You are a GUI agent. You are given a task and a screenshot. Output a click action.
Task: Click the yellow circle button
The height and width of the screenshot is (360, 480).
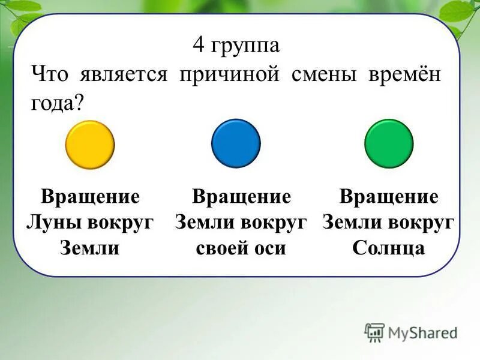[x=90, y=145]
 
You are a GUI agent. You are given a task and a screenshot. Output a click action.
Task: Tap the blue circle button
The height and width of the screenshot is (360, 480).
[x=236, y=143]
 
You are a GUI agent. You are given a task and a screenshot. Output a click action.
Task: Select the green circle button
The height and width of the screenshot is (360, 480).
[x=389, y=143]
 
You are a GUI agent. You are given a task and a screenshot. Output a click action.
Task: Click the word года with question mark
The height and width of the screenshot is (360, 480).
[x=58, y=103]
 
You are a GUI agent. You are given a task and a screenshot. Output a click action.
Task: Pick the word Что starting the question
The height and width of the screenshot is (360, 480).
[x=49, y=76]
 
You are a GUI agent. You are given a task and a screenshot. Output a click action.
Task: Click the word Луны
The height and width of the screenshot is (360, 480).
[x=54, y=223]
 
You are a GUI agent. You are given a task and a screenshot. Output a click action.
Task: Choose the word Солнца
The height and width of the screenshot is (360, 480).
[x=389, y=248]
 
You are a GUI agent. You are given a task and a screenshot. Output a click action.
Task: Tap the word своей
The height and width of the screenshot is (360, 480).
[x=221, y=248]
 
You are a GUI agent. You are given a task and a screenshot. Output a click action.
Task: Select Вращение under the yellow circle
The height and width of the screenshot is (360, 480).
[x=90, y=197]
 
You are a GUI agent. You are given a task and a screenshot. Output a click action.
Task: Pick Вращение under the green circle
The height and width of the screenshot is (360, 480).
[x=389, y=197]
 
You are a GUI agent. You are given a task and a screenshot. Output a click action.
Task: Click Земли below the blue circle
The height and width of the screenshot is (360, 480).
[x=205, y=223]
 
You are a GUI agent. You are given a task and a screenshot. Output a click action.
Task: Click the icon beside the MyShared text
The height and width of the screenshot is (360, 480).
[x=374, y=332]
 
